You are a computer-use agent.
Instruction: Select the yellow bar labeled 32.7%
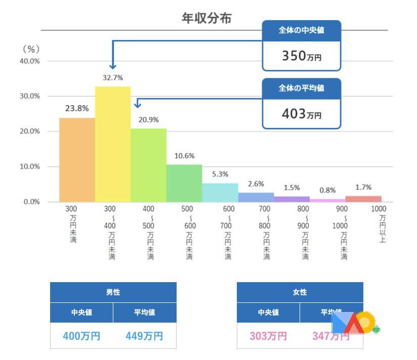(x=113, y=144)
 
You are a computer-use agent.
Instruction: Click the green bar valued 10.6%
(x=184, y=183)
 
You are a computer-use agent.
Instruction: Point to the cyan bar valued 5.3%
(x=220, y=192)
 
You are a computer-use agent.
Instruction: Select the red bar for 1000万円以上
(x=363, y=199)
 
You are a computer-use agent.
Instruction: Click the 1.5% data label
(x=292, y=188)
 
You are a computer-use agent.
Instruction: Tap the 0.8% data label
(x=327, y=191)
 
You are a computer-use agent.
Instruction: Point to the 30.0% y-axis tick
(x=29, y=96)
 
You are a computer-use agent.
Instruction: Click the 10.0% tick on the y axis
(x=29, y=167)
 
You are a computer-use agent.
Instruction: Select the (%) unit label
(x=31, y=50)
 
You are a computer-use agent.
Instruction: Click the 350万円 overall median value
(x=302, y=56)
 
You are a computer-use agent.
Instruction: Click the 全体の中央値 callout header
(x=302, y=30)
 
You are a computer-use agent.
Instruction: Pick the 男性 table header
(x=113, y=292)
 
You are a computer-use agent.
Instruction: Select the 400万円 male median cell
(x=81, y=336)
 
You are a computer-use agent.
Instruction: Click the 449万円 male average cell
(x=144, y=336)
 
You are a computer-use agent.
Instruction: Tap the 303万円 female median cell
(x=268, y=336)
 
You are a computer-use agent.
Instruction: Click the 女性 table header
(x=300, y=292)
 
